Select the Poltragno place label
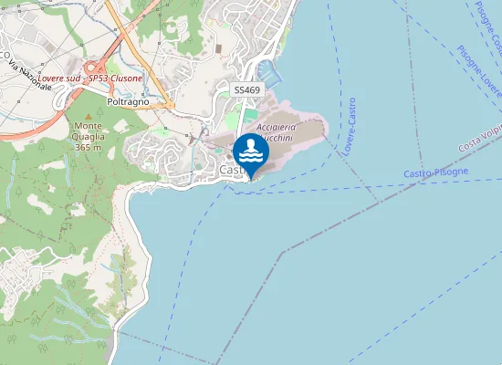tap(128, 101)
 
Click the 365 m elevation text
tap(89, 147)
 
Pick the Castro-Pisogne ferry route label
tap(435, 172)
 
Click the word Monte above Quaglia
tap(89, 125)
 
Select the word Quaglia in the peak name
tap(89, 136)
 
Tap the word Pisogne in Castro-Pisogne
tap(451, 172)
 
